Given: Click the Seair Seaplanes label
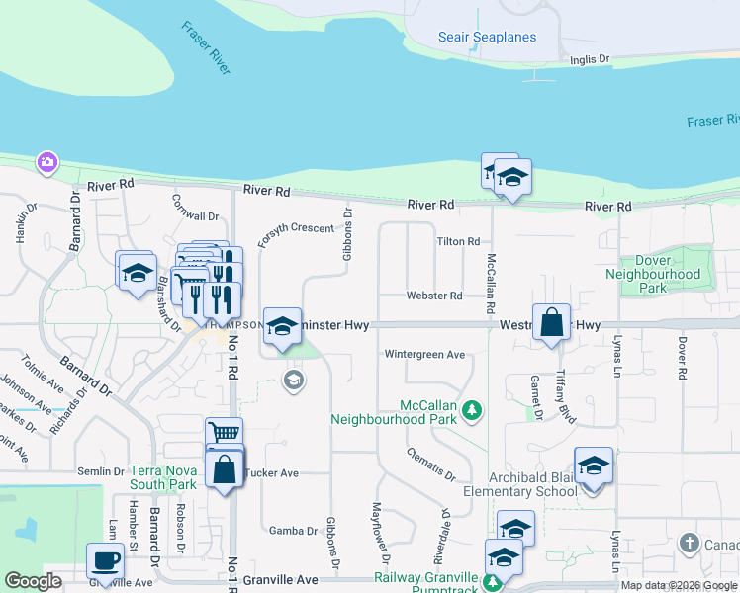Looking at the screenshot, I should [x=487, y=38].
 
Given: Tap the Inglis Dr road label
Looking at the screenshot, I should [x=590, y=60].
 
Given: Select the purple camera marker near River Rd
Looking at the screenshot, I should [x=46, y=162].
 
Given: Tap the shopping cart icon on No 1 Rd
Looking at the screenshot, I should [x=225, y=433].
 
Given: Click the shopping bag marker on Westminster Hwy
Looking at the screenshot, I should [x=551, y=322].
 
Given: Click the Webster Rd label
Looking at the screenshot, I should [x=434, y=296].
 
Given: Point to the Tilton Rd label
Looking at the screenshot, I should [x=458, y=241].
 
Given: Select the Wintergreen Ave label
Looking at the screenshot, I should [x=424, y=355].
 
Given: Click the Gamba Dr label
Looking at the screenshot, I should [x=292, y=531].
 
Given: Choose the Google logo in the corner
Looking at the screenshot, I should [x=33, y=581].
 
